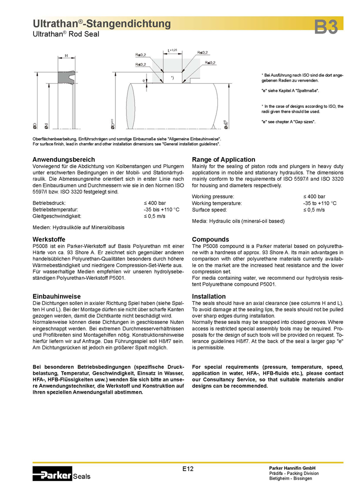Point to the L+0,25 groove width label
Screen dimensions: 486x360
pyautogui.click(x=172, y=50)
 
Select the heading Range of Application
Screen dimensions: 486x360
pyautogui.click(x=223, y=159)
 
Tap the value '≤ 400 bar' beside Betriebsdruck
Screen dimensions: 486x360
pyautogui.click(x=155, y=203)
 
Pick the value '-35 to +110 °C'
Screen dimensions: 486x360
pyautogui.click(x=319, y=204)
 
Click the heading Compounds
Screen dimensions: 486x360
pyautogui.click(x=210, y=240)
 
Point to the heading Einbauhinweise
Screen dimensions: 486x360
pyautogui.click(x=56, y=296)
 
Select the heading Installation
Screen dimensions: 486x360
pyautogui.click(x=209, y=296)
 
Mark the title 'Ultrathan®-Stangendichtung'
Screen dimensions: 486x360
pyautogui.click(x=101, y=24)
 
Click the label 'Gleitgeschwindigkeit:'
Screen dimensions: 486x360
pyautogui.click(x=56, y=217)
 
